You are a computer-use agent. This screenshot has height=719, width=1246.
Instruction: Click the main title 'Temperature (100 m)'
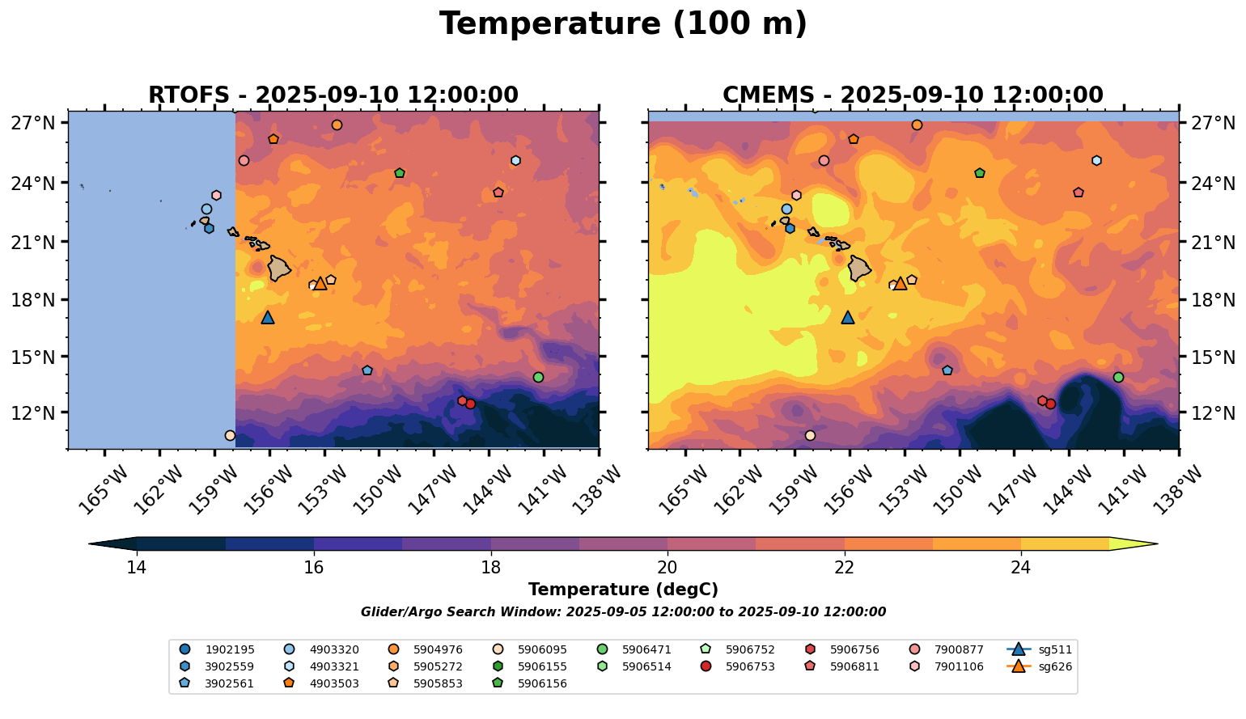[x=623, y=24]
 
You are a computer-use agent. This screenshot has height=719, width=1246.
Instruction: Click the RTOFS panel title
[x=333, y=95]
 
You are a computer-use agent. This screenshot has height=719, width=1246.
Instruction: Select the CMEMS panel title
[x=913, y=95]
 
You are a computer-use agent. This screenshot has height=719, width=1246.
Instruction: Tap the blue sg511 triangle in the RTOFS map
[x=268, y=318]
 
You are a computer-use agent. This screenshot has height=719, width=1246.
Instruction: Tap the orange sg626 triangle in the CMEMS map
[x=900, y=283]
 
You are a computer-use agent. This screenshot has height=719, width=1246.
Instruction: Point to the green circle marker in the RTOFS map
[x=538, y=377]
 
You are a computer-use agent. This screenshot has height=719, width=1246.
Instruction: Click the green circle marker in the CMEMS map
[x=1118, y=377]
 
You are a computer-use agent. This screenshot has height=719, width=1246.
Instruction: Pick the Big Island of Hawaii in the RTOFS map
[x=279, y=268]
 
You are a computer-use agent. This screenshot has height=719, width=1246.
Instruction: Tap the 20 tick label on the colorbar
[x=667, y=568]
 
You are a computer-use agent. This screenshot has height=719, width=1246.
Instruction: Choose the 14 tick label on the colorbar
[x=137, y=568]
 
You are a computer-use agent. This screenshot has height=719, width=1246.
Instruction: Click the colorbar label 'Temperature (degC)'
[x=623, y=590]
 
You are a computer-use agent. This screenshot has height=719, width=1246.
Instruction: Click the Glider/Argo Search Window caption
[x=623, y=612]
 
